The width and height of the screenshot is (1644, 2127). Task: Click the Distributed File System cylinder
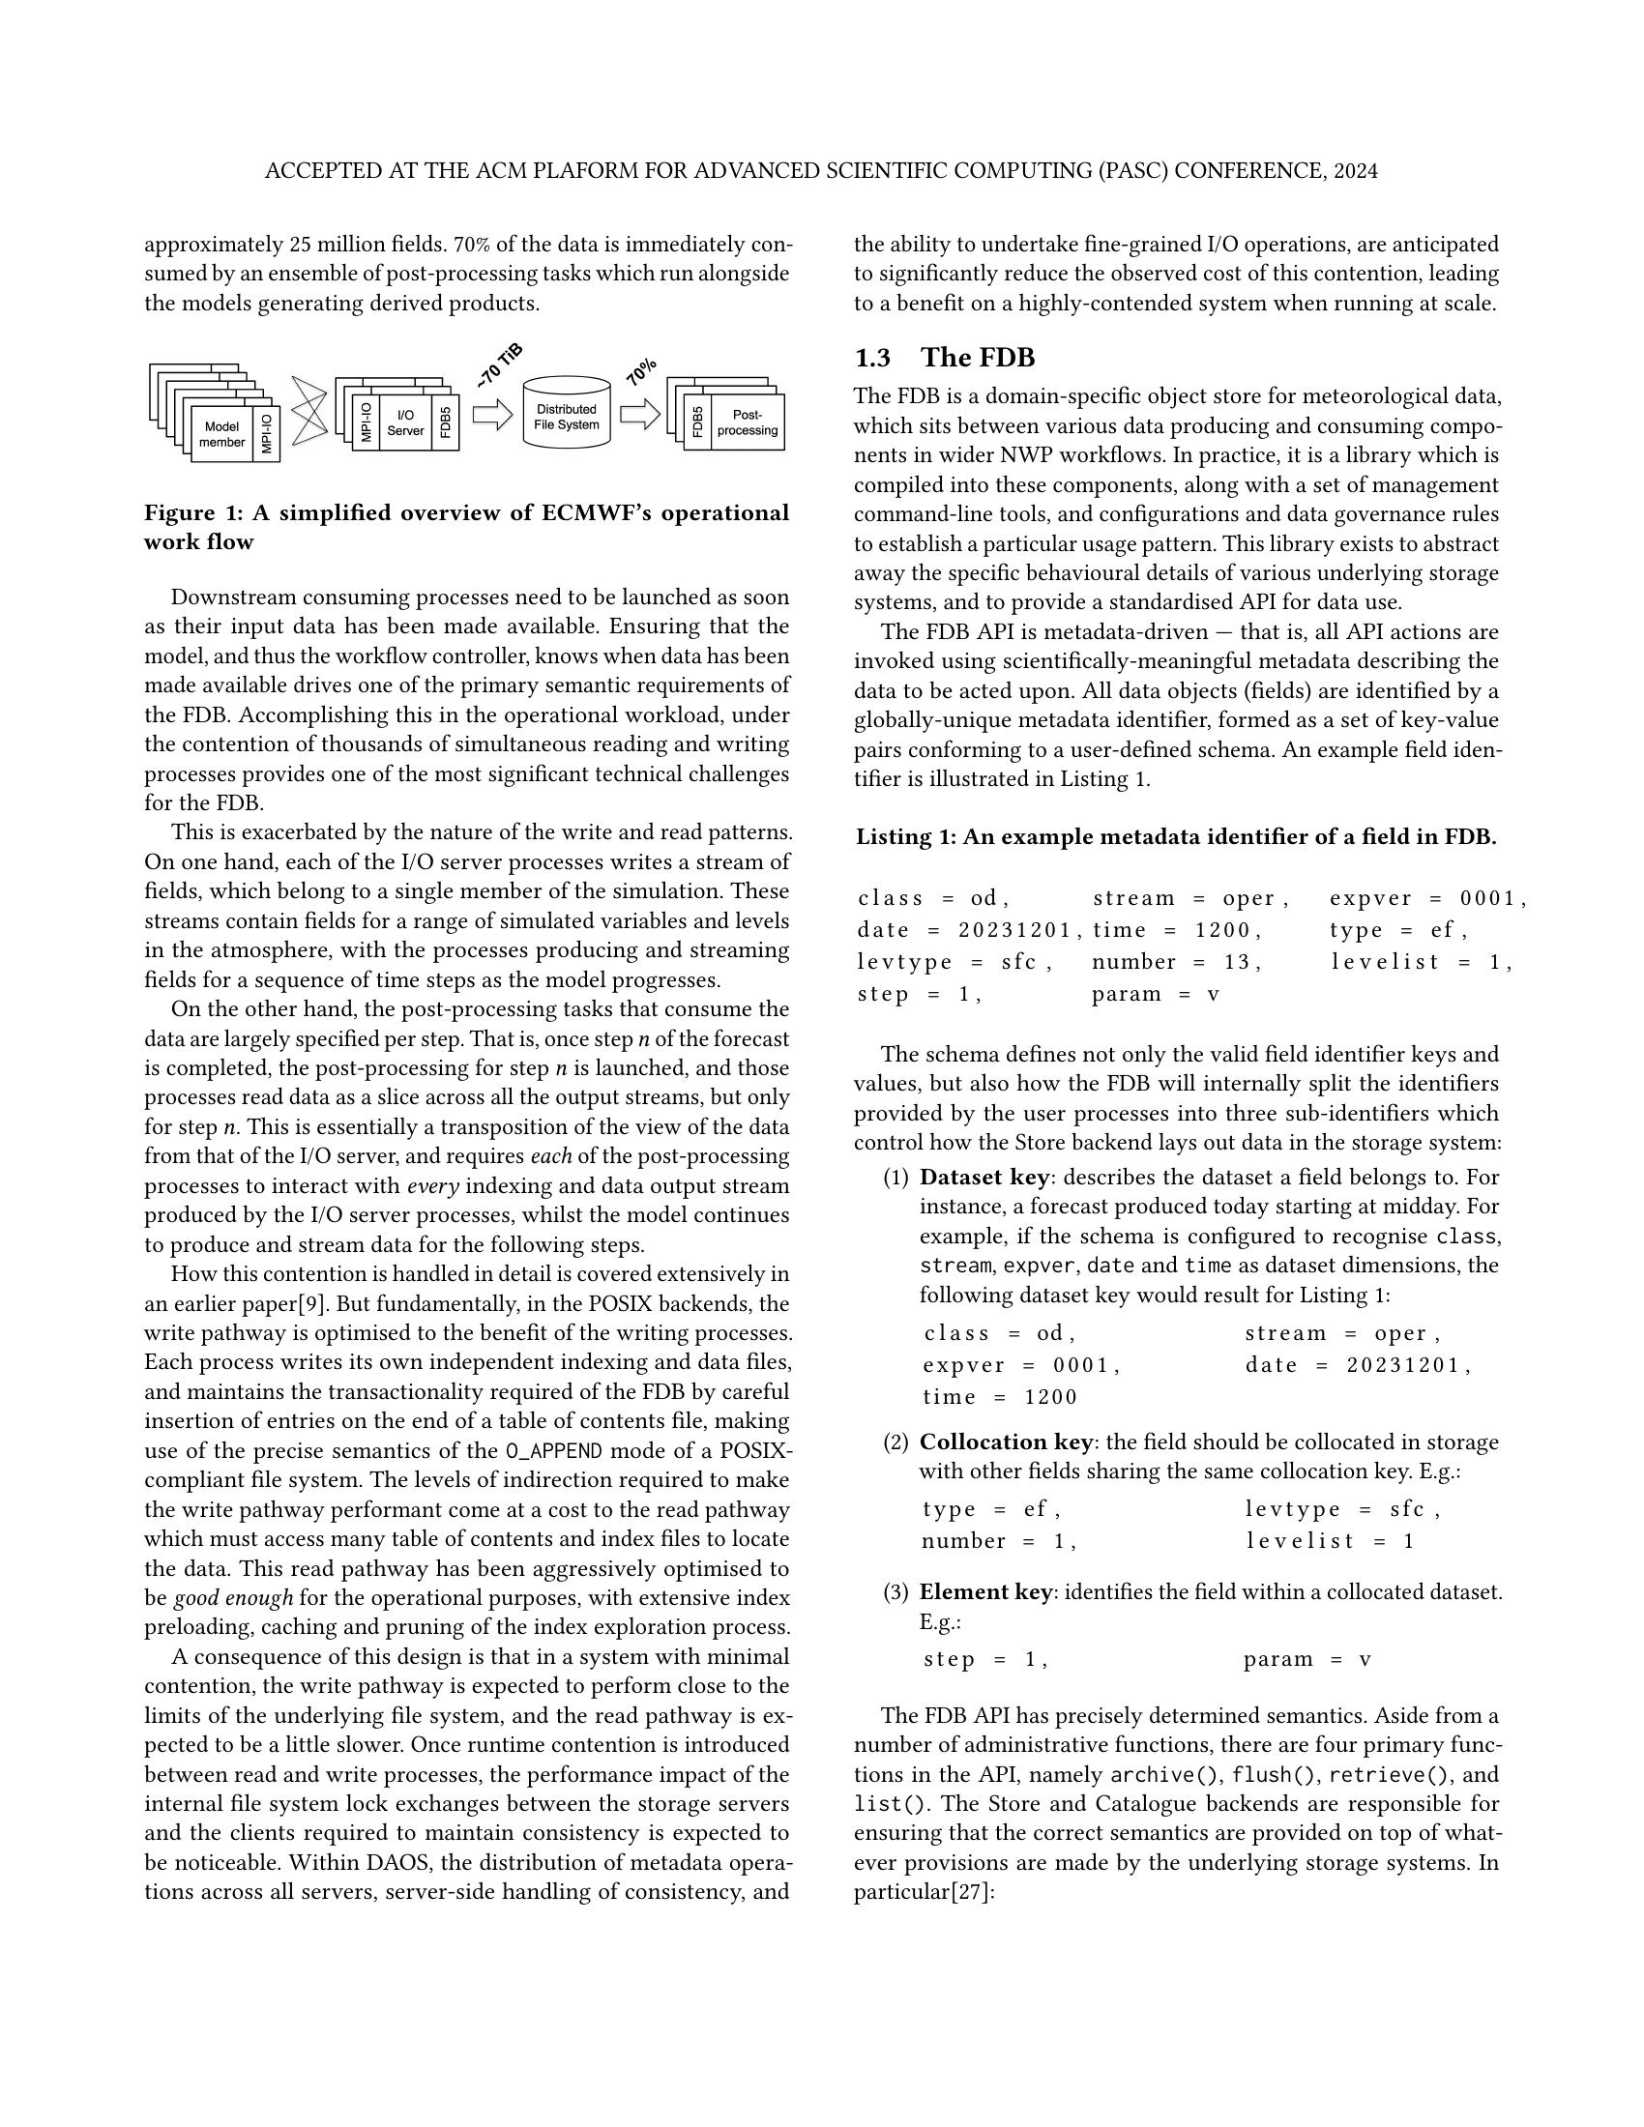566,415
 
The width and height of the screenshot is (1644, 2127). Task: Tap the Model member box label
222,434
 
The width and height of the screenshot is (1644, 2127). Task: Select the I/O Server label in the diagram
406,422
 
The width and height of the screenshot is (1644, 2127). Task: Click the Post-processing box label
747,422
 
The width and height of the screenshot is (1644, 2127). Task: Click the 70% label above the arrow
641,370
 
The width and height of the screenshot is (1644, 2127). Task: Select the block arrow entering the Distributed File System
492,415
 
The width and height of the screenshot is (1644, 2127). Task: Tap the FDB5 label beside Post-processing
698,422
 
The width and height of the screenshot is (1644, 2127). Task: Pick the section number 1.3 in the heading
871,358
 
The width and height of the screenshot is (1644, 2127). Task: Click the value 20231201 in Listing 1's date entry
1015,930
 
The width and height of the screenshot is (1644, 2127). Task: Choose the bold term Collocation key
1006,1442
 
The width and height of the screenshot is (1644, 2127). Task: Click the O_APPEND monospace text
554,1451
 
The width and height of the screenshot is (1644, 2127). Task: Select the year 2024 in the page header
1355,171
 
